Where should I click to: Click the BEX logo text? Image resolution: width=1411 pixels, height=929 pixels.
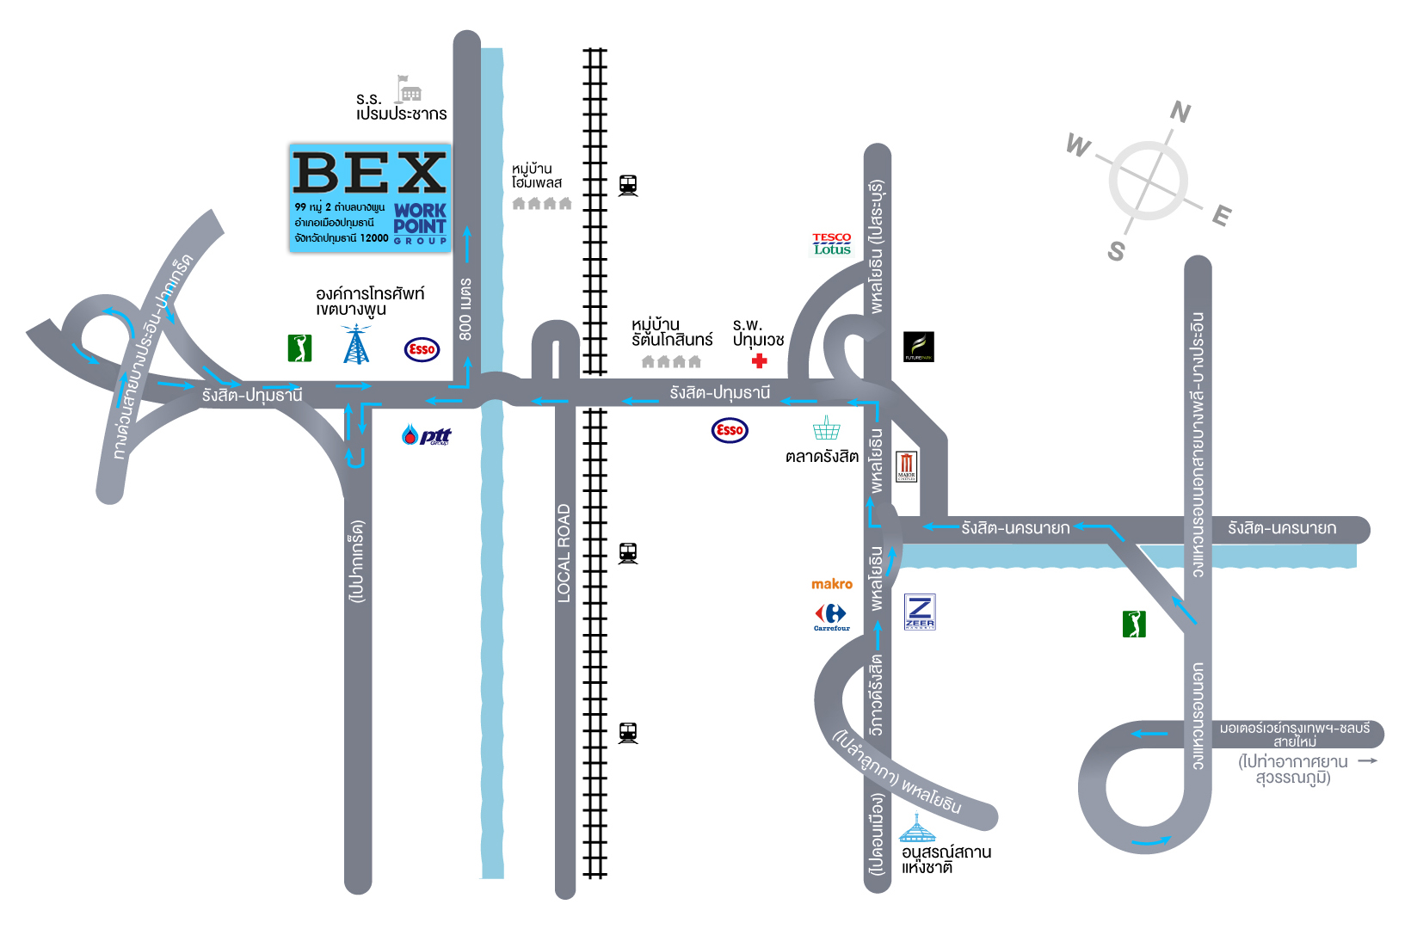point(370,173)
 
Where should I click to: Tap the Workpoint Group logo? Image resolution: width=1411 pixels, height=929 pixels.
point(420,223)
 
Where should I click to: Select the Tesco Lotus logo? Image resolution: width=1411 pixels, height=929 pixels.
point(832,244)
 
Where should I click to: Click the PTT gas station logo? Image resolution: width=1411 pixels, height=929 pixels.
point(427,435)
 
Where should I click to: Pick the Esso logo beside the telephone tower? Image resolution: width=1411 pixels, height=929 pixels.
point(422,349)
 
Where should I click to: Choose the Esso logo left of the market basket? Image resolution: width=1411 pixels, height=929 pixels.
point(730,430)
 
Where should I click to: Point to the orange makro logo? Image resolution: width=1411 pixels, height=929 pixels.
point(832,584)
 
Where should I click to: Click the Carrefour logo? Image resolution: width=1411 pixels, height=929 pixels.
point(831,616)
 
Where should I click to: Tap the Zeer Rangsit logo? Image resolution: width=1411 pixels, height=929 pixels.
point(920,612)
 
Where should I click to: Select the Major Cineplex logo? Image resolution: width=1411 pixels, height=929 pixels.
point(907,465)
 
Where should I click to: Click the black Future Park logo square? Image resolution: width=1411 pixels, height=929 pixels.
point(918,347)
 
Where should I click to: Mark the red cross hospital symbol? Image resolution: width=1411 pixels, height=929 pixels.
point(759,361)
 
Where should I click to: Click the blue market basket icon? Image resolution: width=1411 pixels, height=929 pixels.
point(826,428)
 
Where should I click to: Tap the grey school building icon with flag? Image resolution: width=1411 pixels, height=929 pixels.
point(408,89)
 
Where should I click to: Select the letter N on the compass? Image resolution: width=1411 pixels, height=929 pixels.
point(1180,112)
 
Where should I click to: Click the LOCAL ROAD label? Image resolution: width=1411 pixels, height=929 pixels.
point(564,552)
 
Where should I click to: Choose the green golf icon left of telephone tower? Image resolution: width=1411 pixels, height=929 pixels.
point(299,348)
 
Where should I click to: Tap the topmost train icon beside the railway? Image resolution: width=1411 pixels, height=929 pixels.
point(628,185)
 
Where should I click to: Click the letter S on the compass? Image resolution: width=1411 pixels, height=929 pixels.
point(1116,251)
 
